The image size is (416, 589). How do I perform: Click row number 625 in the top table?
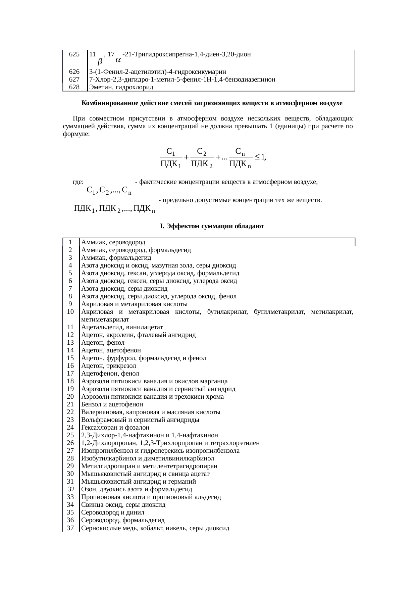coord(74,54)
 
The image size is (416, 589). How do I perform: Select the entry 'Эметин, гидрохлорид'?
coord(121,88)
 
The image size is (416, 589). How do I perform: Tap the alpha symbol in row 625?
coord(118,60)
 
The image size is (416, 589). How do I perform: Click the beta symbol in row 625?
coord(100,62)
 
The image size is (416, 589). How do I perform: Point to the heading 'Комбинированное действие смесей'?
coord(211,103)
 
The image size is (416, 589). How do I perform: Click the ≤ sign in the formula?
coord(257,156)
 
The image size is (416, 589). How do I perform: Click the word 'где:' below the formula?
coord(78,182)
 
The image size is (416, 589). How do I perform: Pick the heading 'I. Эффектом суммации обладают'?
coord(212,226)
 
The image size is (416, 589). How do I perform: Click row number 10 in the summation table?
coord(70,312)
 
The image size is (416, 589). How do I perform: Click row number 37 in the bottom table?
coord(70,528)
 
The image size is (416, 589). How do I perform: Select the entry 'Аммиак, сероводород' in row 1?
coord(113,242)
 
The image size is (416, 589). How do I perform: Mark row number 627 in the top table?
coord(74,80)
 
